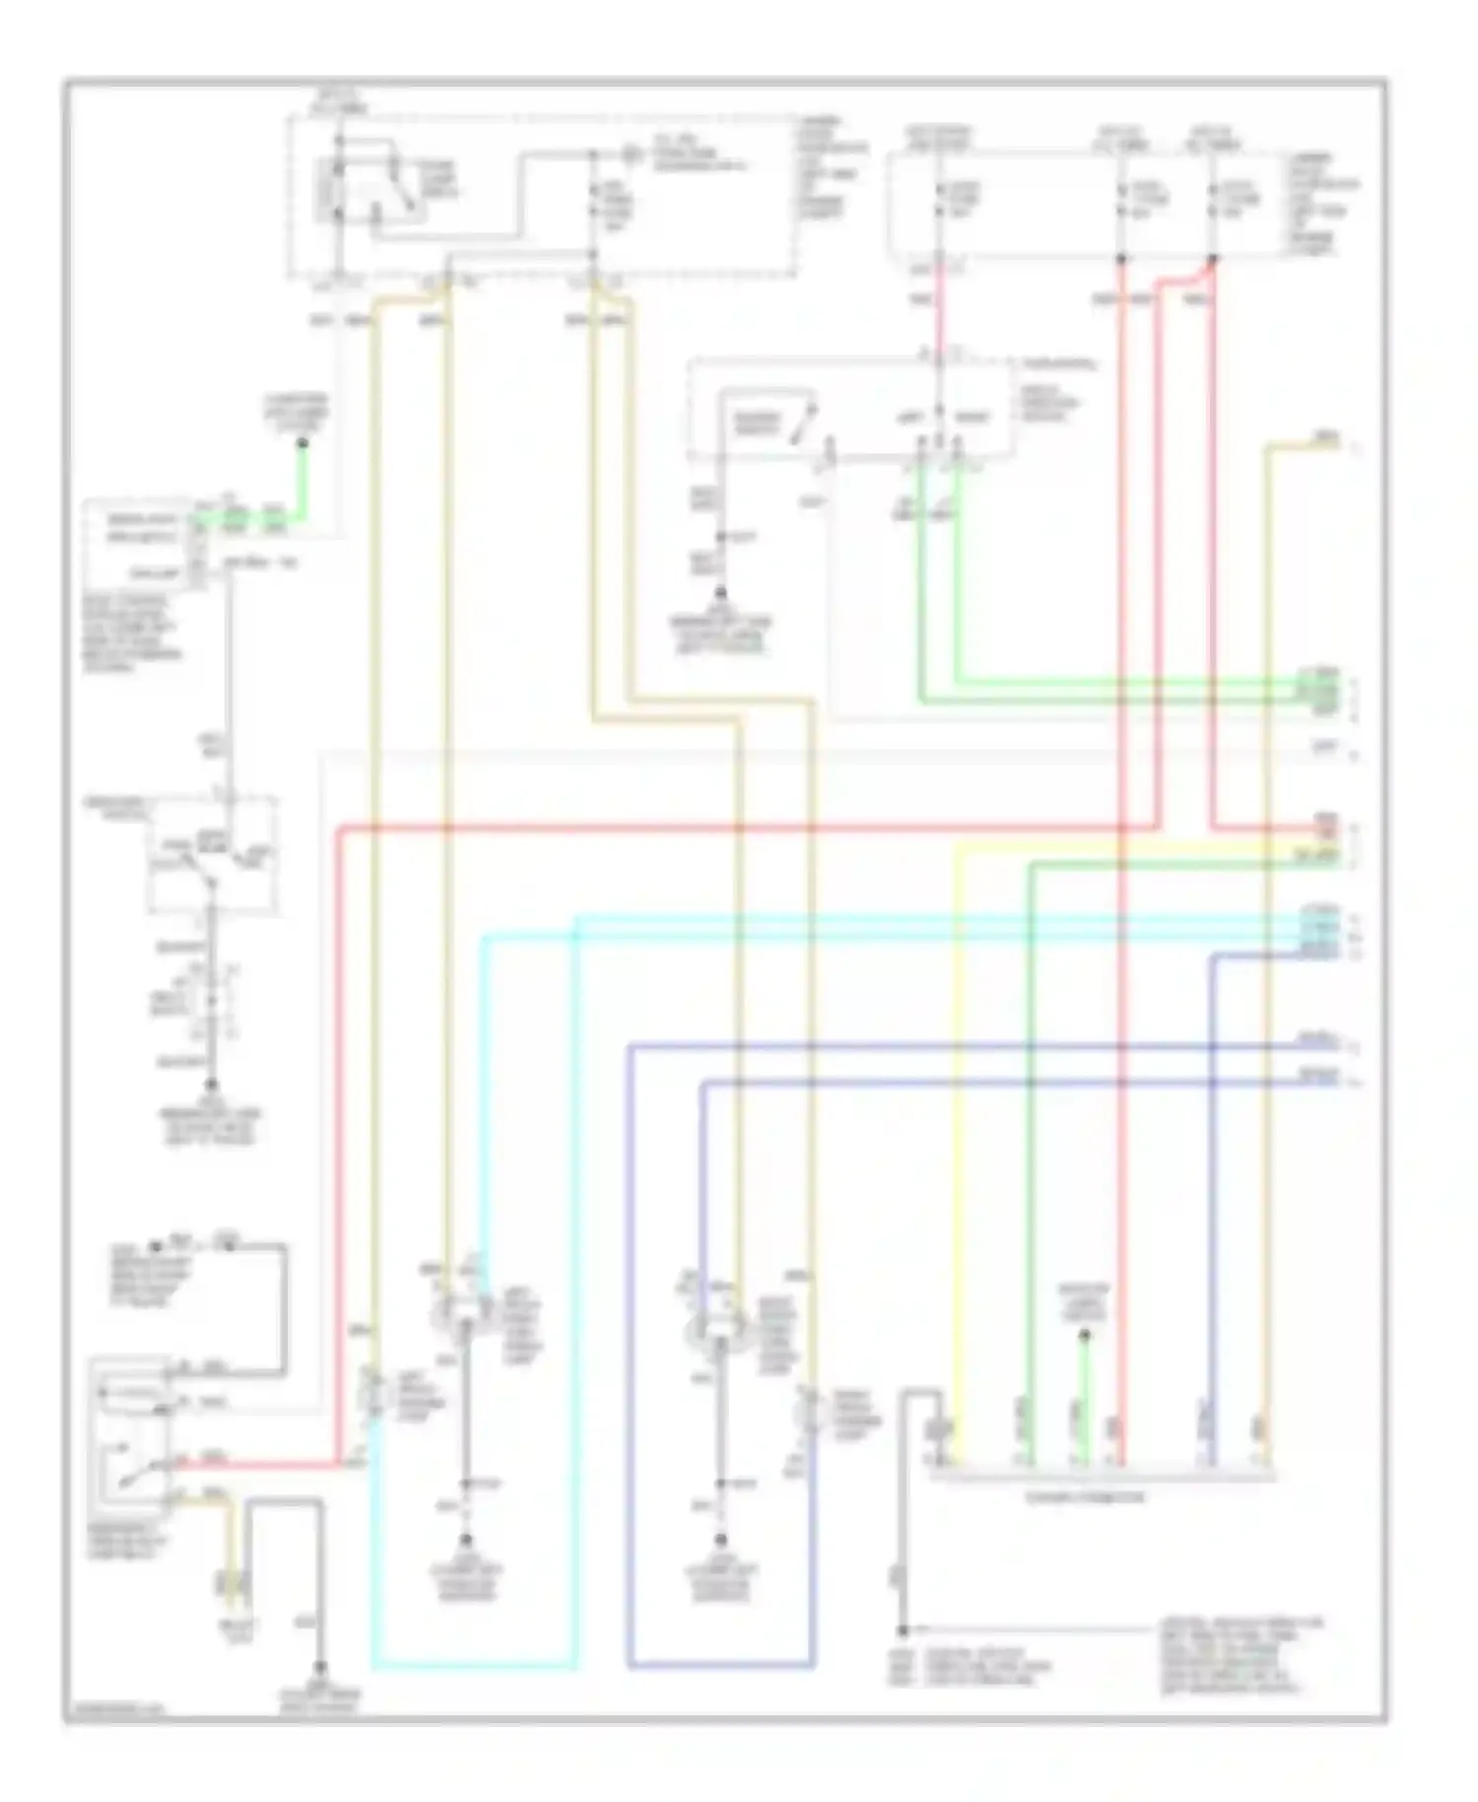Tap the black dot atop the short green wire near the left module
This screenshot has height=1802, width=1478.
(x=302, y=443)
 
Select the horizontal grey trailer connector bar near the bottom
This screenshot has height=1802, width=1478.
(x=1102, y=1476)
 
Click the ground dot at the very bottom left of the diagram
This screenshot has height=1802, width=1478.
(x=319, y=1669)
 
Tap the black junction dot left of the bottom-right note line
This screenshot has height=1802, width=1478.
(x=903, y=1630)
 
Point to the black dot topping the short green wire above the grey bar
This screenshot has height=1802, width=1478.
(x=1084, y=1335)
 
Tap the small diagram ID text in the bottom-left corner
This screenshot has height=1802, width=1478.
(x=114, y=1709)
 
